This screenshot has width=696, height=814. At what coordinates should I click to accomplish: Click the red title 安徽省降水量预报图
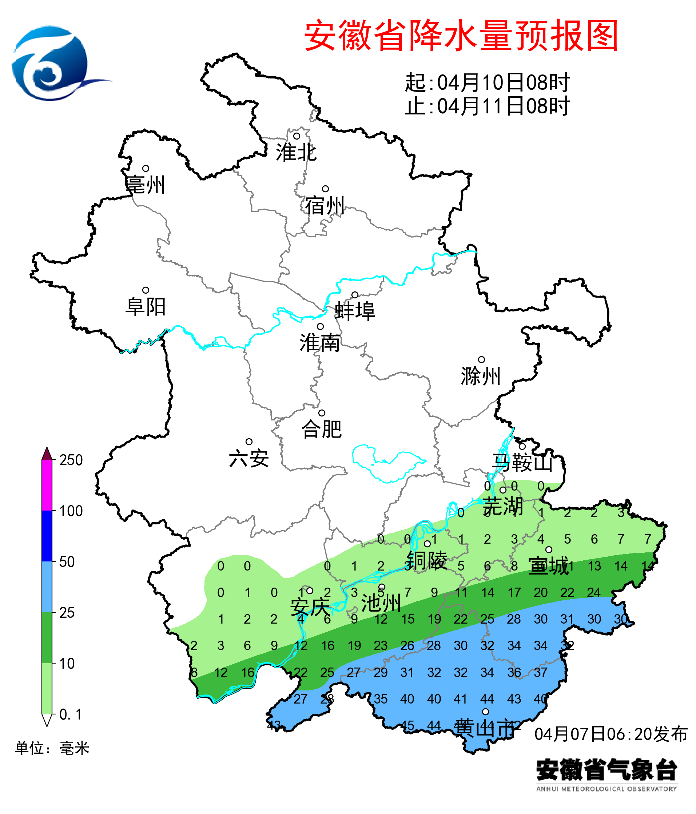(461, 36)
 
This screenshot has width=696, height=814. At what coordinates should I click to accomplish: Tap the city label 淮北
(296, 152)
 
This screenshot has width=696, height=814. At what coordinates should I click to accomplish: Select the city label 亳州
(145, 185)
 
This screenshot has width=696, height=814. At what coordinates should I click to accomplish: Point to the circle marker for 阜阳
(146, 290)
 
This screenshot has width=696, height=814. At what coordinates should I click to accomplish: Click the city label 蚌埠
(355, 311)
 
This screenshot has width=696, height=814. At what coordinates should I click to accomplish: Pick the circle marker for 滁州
(481, 359)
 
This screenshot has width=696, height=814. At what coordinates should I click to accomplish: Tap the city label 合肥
(321, 429)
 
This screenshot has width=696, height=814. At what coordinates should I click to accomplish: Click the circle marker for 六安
(249, 442)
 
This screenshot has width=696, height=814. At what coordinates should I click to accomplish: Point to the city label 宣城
(548, 566)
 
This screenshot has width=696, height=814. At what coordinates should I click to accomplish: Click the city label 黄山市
(484, 729)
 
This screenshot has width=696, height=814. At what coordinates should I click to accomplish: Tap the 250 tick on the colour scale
(71, 460)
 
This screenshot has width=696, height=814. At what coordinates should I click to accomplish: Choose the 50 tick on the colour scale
(67, 562)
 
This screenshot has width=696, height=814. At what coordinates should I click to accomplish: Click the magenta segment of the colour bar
(47, 485)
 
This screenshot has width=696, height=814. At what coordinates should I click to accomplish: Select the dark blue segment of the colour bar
(47, 536)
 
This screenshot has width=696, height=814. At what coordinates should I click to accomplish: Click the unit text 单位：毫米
(52, 748)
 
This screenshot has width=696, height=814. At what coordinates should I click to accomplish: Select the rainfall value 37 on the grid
(540, 673)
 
